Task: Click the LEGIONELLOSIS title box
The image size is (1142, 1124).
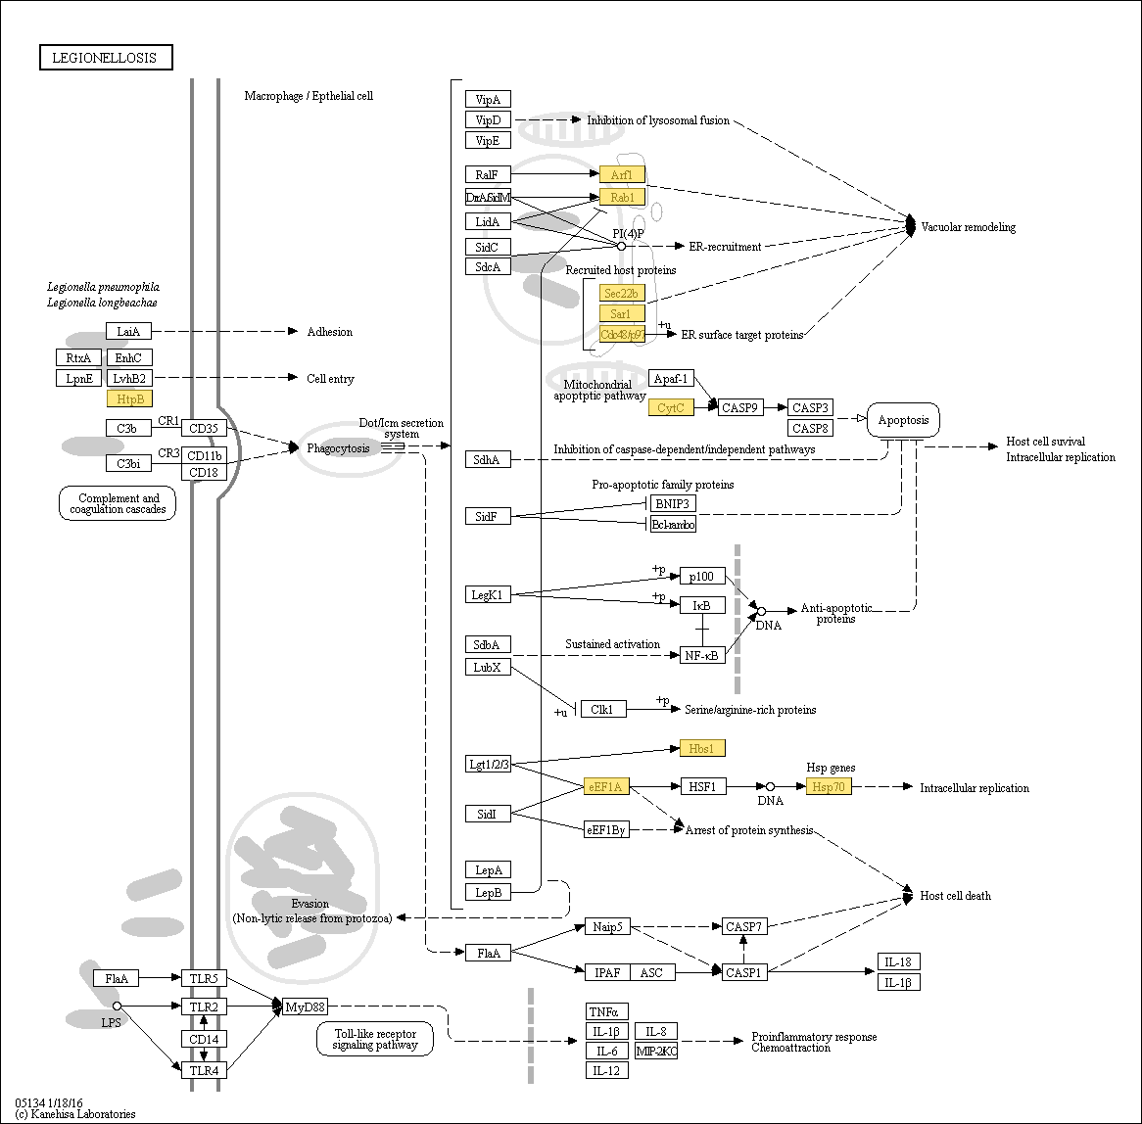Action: coord(106,58)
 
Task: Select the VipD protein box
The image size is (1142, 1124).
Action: coord(488,119)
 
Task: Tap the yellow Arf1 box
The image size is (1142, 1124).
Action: coord(622,174)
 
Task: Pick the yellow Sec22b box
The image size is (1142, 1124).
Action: coord(622,293)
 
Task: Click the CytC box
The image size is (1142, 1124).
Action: coord(671,407)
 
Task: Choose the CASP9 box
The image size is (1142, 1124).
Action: coord(741,407)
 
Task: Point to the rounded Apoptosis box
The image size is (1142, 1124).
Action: coord(903,420)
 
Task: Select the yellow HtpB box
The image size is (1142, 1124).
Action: coord(129,398)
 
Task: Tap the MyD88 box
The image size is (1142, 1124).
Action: coord(305,1006)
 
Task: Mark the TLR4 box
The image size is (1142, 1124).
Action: coord(204,1068)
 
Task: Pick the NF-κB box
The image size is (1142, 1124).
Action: coord(702,654)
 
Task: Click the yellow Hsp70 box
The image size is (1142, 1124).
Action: coord(829,786)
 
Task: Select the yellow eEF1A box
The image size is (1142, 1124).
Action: coord(607,786)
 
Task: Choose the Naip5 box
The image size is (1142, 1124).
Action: coord(606,925)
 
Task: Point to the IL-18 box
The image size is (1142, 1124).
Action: coord(898,961)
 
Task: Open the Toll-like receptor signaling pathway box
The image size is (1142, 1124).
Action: coord(375,1039)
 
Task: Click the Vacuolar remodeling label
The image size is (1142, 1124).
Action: coord(968,227)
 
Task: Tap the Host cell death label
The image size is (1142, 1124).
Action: coord(955,895)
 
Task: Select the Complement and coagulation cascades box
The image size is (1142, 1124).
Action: coord(118,503)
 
